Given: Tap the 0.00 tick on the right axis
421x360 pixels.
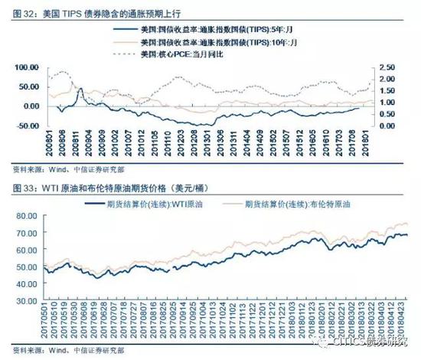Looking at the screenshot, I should tap(387, 125).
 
